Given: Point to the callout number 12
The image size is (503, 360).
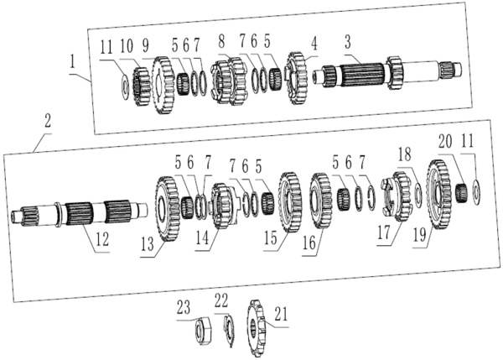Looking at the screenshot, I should point(101,241).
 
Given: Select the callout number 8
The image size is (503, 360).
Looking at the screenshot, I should point(221,39).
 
